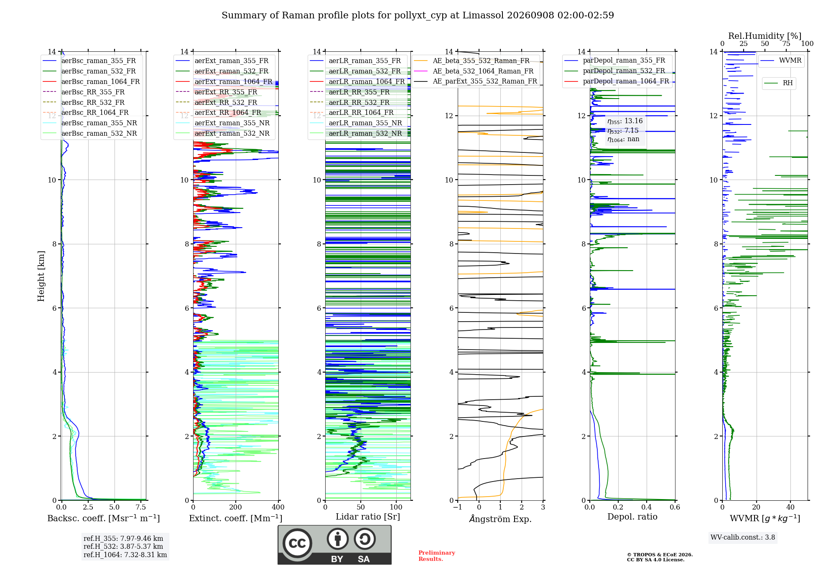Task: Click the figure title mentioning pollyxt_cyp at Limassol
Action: pyautogui.click(x=418, y=15)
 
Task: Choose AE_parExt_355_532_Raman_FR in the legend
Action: pyautogui.click(x=475, y=81)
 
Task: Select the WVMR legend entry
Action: pyautogui.click(x=781, y=61)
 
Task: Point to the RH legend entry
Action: pyautogui.click(x=779, y=83)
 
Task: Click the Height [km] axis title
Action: pyautogui.click(x=41, y=276)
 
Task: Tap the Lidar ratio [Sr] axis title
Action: pyautogui.click(x=368, y=517)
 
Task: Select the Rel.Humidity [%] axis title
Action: pyautogui.click(x=765, y=36)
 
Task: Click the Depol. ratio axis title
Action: pyautogui.click(x=632, y=517)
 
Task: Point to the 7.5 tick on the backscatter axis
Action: pyautogui.click(x=141, y=507)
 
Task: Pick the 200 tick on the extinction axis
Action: pyautogui.click(x=236, y=507)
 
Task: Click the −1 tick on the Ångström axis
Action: pyautogui.click(x=458, y=507)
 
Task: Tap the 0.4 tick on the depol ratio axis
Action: pyautogui.click(x=647, y=507)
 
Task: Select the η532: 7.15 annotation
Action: pyautogui.click(x=623, y=131)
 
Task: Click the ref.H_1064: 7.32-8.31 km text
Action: pyautogui.click(x=125, y=555)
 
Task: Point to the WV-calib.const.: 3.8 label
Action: pyautogui.click(x=743, y=538)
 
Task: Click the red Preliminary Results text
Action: pyautogui.click(x=437, y=556)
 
